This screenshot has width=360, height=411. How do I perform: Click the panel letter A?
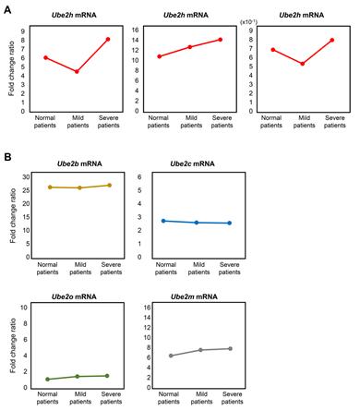[7, 7]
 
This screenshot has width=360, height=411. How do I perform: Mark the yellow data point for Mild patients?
[80, 187]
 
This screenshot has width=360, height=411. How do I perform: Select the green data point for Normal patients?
[48, 379]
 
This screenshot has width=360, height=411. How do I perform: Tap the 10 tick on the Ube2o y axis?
[28, 306]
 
